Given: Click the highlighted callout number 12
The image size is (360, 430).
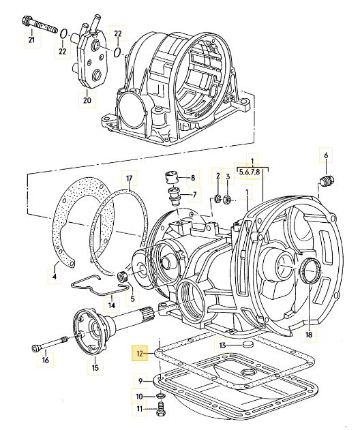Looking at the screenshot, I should click(x=140, y=354).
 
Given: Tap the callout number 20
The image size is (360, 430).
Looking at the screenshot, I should click(x=87, y=101).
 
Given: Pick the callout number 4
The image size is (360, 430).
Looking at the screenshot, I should click(x=55, y=276).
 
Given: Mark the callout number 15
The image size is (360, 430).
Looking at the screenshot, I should click(x=95, y=368).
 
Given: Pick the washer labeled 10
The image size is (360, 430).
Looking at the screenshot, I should click(x=160, y=397).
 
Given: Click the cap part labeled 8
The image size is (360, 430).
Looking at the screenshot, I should click(x=171, y=179).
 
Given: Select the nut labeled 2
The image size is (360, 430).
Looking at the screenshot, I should click(x=218, y=199).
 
